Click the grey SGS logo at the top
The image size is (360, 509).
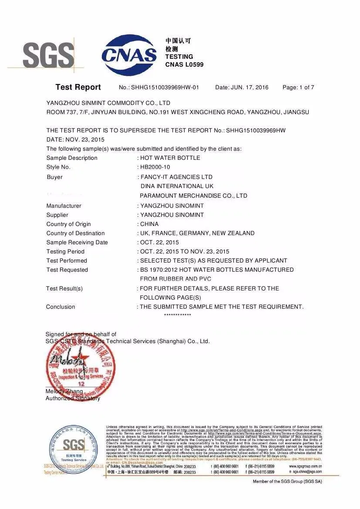(x=48, y=56)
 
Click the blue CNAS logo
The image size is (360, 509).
(x=129, y=55)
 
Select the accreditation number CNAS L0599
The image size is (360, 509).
(x=184, y=65)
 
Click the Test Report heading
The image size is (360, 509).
(x=78, y=87)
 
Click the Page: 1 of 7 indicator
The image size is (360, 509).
(x=298, y=88)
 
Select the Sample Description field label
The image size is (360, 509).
(x=72, y=158)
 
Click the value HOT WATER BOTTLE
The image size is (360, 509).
(x=170, y=158)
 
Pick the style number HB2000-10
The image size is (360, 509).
(x=155, y=167)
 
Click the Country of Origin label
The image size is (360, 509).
(x=69, y=224)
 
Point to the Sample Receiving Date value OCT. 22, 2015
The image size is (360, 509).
(x=159, y=243)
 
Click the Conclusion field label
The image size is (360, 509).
(x=61, y=307)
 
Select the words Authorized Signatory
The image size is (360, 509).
(x=73, y=398)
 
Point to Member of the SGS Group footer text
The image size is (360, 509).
(x=287, y=482)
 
